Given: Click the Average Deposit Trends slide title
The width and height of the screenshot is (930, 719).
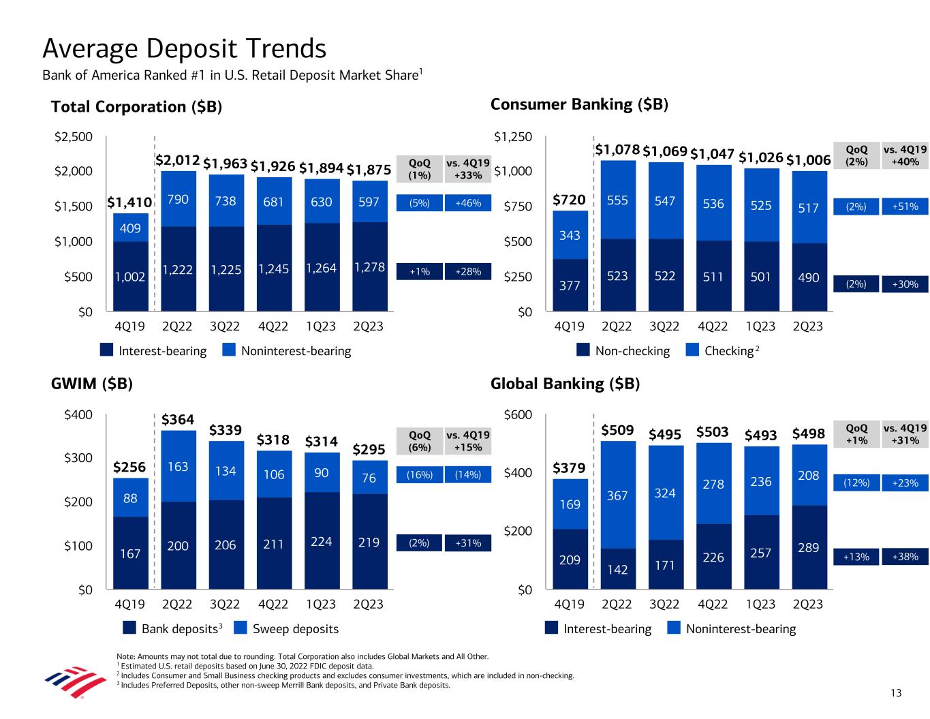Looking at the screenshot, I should click(184, 48).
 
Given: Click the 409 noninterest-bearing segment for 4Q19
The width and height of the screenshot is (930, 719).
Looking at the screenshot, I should click(130, 228).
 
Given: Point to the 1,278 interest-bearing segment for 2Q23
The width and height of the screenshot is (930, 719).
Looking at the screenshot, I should click(369, 267).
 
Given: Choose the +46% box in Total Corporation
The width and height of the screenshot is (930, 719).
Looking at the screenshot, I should click(467, 203).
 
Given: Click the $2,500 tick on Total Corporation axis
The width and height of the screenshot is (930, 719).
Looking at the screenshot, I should click(73, 138).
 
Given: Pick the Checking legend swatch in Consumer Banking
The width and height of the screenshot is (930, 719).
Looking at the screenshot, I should click(692, 350).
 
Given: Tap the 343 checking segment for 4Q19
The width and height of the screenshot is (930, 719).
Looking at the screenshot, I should click(570, 235).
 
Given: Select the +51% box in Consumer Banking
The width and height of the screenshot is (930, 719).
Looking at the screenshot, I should click(905, 206).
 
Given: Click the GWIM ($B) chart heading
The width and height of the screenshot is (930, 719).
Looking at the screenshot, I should click(91, 384).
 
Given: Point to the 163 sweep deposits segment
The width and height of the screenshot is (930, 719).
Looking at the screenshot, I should click(178, 467).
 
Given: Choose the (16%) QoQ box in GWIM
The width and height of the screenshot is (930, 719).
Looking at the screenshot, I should click(419, 475).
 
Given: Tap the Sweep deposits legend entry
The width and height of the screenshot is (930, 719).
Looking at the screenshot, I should click(295, 628).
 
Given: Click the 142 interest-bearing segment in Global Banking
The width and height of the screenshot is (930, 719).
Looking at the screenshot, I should click(617, 569).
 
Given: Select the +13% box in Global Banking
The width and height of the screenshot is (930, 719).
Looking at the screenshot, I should click(856, 557).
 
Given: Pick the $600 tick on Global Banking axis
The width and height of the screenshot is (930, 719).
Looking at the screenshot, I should click(517, 415).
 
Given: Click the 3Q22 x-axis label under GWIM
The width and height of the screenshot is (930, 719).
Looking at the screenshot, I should click(226, 604).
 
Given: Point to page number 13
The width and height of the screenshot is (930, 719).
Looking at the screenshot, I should click(895, 693).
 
